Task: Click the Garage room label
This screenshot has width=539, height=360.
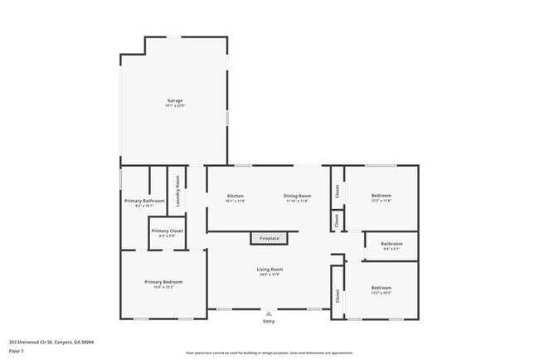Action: coord(174,100)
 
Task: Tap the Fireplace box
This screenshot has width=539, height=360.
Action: coord(270,238)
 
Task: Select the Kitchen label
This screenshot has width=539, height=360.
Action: coord(235,196)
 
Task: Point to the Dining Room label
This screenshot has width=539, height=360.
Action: coord(297,196)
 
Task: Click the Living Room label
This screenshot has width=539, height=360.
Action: coord(270,269)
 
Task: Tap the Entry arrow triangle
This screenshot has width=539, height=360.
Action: coord(269,314)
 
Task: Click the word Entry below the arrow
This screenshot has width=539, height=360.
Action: coord(269,322)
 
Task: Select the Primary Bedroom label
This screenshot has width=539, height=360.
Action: coord(163,282)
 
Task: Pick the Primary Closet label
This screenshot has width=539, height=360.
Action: coord(167,231)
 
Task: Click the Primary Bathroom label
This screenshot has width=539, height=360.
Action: coord(144,201)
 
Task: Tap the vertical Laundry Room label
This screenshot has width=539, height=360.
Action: coord(177,190)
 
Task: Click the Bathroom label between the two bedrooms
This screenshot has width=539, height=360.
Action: coord(391,244)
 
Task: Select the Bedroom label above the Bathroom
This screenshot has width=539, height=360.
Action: coord(381,196)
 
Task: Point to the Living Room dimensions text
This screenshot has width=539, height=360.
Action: coord(270,275)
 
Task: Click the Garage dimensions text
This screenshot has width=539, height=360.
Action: coord(174,106)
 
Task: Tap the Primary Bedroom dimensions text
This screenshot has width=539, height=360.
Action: coord(163,288)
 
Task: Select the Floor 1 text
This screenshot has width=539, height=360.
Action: coord(17,352)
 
